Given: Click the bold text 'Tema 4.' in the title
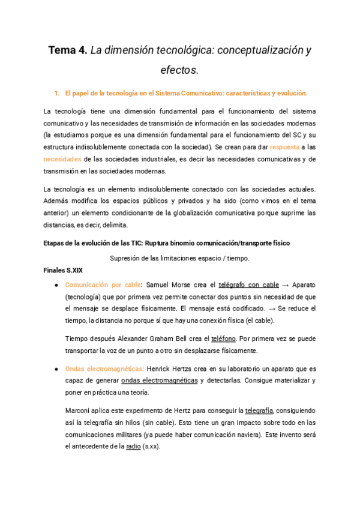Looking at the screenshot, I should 68,50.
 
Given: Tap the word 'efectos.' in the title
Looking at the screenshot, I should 179,70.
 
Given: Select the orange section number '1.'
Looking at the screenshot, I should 57,93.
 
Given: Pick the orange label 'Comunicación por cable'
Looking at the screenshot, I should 103,285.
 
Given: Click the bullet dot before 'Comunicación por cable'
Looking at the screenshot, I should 56,285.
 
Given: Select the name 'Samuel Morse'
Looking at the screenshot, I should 166,285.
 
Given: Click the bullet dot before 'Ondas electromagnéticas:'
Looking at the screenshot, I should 56,369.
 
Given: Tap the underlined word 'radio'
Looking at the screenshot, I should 134,447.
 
